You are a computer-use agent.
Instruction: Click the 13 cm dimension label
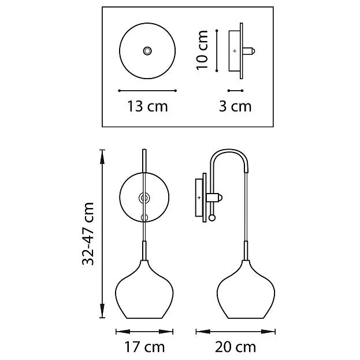click(147, 106)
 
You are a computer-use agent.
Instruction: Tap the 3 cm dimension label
click(235, 106)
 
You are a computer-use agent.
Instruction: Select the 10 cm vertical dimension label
click(202, 50)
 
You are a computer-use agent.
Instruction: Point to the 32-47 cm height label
click(88, 233)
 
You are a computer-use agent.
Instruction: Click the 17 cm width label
click(144, 347)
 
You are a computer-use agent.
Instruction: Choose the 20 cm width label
click(235, 347)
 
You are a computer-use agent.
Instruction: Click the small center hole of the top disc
click(147, 51)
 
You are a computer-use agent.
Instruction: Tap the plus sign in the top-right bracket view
click(235, 51)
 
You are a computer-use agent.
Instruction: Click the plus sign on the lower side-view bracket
click(199, 198)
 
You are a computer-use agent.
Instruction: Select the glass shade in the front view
click(144, 290)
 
